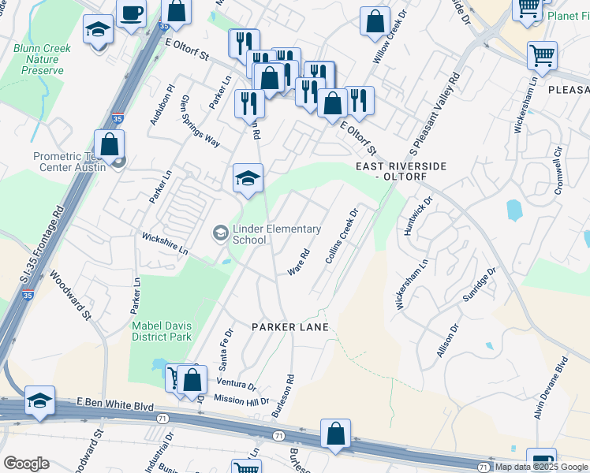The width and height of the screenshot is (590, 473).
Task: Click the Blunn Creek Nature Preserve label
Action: click(43, 59)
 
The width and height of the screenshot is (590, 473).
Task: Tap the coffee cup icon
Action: click(131, 13)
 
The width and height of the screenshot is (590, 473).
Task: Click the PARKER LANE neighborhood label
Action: click(289, 326)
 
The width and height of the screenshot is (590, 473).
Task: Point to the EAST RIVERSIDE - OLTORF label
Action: click(401, 172)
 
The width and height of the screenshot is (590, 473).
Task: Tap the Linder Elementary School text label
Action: click(276, 234)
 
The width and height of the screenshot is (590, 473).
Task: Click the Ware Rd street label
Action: click(298, 262)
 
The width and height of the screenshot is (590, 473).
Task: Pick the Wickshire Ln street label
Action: click(165, 242)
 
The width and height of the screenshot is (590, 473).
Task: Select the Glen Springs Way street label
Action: click(200, 121)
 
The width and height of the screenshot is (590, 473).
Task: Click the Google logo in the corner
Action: click(26, 464)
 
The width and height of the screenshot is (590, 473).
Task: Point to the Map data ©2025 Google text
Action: click(540, 467)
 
